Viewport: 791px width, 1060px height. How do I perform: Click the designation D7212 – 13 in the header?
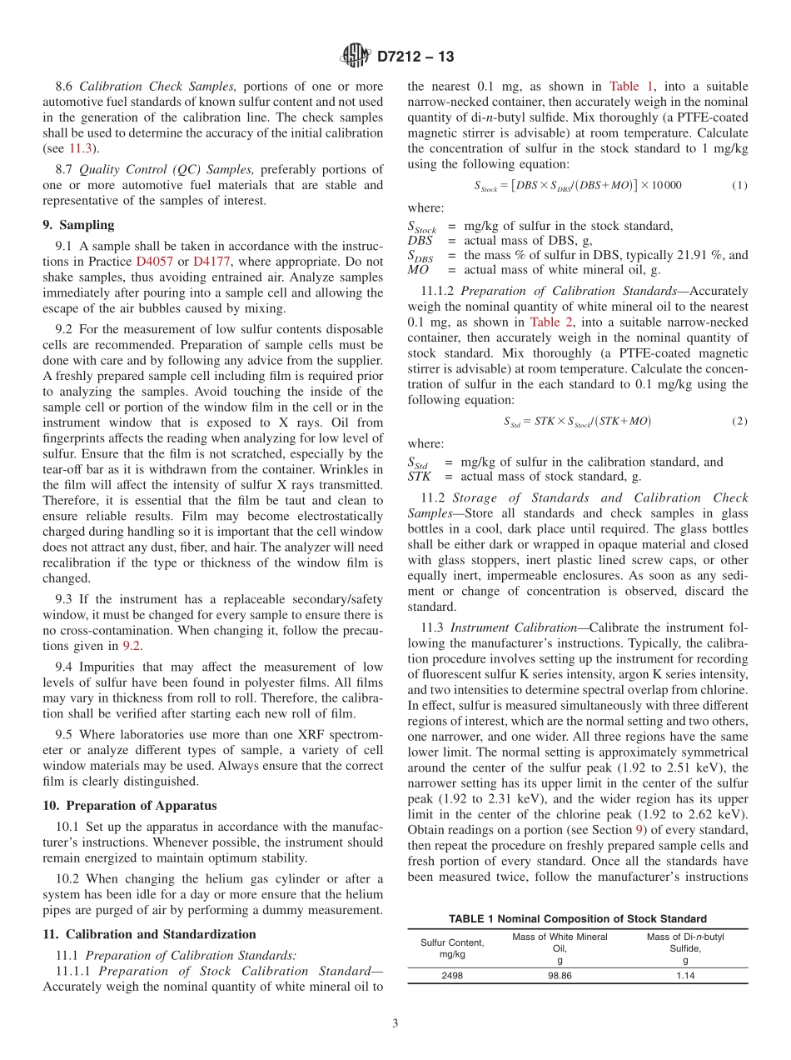click(415, 57)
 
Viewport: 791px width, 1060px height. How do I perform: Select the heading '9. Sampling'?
click(78, 225)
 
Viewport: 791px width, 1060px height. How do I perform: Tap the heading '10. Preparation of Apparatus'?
click(129, 806)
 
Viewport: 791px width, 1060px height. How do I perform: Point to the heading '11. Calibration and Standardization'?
click(149, 934)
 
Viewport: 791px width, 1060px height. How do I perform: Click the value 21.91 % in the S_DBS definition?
click(681, 255)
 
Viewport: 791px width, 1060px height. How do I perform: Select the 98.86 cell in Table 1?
click(560, 975)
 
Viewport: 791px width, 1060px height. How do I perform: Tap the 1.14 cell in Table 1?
click(684, 975)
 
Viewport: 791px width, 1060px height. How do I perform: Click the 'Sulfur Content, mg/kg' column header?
click(452, 948)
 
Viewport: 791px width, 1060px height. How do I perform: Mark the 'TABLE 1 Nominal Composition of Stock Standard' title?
click(577, 918)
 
